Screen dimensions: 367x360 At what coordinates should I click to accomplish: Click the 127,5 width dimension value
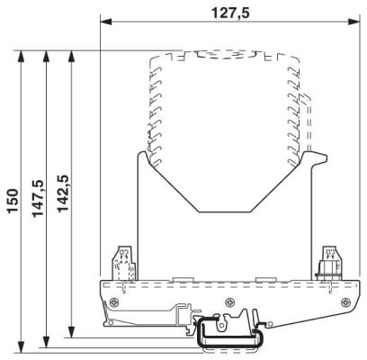point(230,13)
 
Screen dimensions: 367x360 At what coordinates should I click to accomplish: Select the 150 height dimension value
point(13,201)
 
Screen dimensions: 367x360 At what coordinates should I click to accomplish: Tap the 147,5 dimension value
point(38,198)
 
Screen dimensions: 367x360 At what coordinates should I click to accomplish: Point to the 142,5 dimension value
point(63,193)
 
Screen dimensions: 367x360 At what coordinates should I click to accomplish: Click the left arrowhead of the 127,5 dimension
point(105,22)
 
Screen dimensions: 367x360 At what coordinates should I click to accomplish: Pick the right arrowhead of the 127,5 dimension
point(354,22)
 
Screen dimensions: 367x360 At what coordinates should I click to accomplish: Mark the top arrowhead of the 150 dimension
point(21,56)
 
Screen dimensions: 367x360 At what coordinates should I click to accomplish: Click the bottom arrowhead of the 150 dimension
point(21,347)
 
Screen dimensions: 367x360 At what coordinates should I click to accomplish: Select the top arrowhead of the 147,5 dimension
point(46,56)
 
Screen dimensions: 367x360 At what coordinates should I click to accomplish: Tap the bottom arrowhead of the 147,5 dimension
point(46,342)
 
